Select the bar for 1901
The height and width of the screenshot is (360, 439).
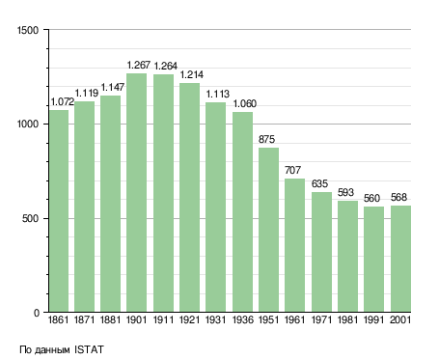[x=136, y=193]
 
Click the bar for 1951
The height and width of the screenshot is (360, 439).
[x=268, y=230]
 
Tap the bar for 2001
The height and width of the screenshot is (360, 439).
[x=400, y=259]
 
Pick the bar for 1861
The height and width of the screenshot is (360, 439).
[x=59, y=211]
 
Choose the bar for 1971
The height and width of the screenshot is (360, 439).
[x=321, y=252]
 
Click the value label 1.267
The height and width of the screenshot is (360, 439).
[x=139, y=65]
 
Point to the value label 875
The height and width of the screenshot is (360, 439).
[x=266, y=139]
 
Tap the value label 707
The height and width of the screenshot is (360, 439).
[x=292, y=170]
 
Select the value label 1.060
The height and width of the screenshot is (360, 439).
[x=244, y=103]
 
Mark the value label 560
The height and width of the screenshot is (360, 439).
[x=371, y=198]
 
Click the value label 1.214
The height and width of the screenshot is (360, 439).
[x=191, y=74]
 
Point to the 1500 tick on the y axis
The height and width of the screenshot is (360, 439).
[x=28, y=30]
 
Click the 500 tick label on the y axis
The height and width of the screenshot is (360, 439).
[x=30, y=219]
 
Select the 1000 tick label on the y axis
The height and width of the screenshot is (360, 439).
[x=28, y=125]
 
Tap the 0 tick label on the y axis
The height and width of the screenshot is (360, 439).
[x=37, y=313]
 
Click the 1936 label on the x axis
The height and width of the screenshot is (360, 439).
[x=242, y=319]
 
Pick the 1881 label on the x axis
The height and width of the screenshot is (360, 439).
[x=110, y=319]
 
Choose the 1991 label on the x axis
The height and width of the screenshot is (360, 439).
[x=373, y=319]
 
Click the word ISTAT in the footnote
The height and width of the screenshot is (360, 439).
[x=89, y=349]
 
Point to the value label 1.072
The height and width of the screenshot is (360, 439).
[x=63, y=101]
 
